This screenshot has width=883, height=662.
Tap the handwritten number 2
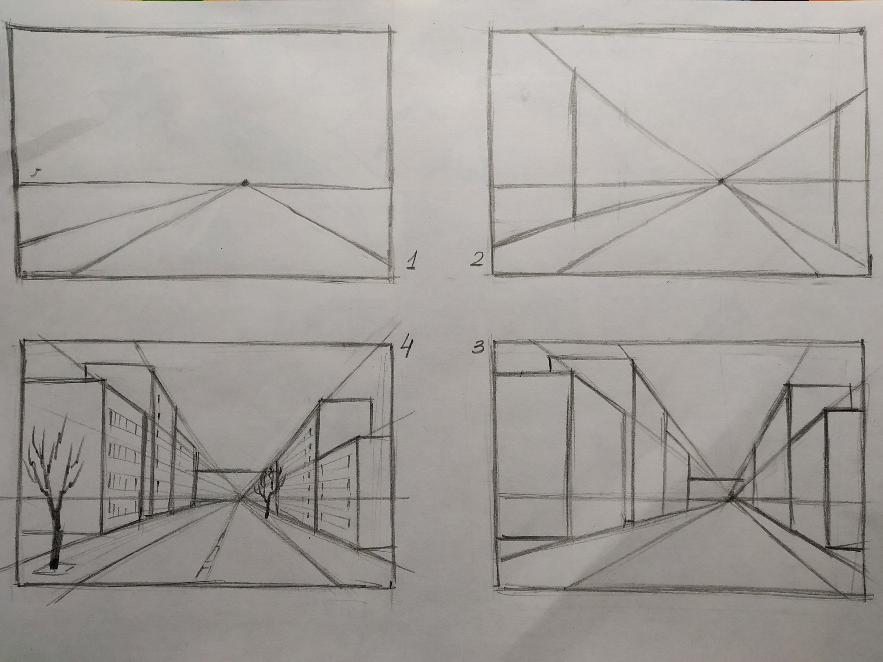click(477, 259)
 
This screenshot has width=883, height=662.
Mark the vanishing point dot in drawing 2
click(721, 182)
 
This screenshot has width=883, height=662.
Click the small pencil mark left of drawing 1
click(36, 172)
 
